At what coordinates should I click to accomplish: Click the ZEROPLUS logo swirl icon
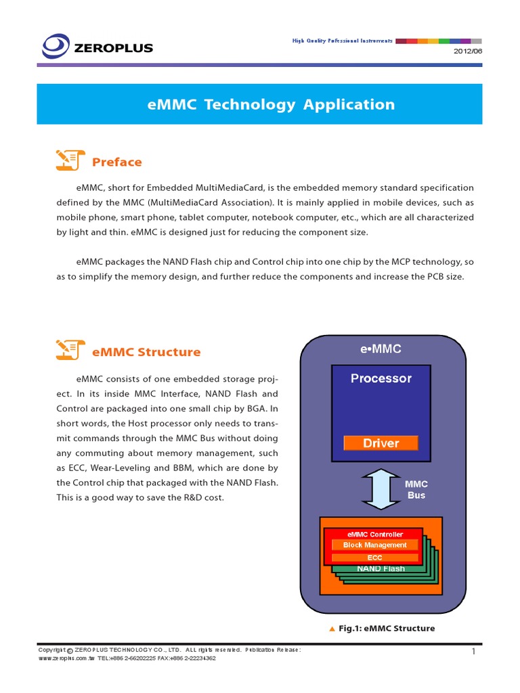point(56,46)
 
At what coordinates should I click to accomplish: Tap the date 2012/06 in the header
point(467,52)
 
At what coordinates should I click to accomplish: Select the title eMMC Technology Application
point(271,104)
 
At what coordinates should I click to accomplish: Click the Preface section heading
point(117,162)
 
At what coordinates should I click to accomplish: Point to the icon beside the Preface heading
point(70,160)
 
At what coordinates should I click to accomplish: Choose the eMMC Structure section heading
point(146,352)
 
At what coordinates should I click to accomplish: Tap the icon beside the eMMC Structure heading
point(70,350)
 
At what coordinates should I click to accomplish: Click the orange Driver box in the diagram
point(381,443)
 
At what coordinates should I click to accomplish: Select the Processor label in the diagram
point(381,378)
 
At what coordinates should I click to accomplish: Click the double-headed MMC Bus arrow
point(381,489)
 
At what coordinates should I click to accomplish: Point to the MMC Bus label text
point(416,490)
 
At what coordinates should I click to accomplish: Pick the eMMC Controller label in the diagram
point(374,535)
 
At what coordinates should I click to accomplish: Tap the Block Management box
point(374,545)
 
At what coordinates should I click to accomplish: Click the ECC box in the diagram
point(374,558)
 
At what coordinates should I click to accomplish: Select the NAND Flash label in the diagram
point(381,568)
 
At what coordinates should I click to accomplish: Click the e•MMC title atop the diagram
point(381,349)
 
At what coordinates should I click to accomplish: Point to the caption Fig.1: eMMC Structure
point(386,629)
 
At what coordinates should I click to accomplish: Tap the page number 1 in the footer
point(474,652)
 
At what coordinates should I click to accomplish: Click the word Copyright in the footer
point(51,650)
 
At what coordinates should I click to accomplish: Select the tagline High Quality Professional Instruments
point(342,41)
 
